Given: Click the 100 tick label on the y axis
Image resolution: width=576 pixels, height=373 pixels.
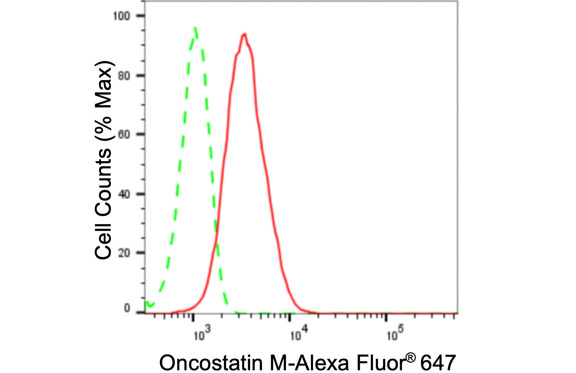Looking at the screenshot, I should tap(121, 16).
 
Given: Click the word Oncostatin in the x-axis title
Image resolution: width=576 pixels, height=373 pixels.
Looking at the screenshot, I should tap(210, 363).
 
